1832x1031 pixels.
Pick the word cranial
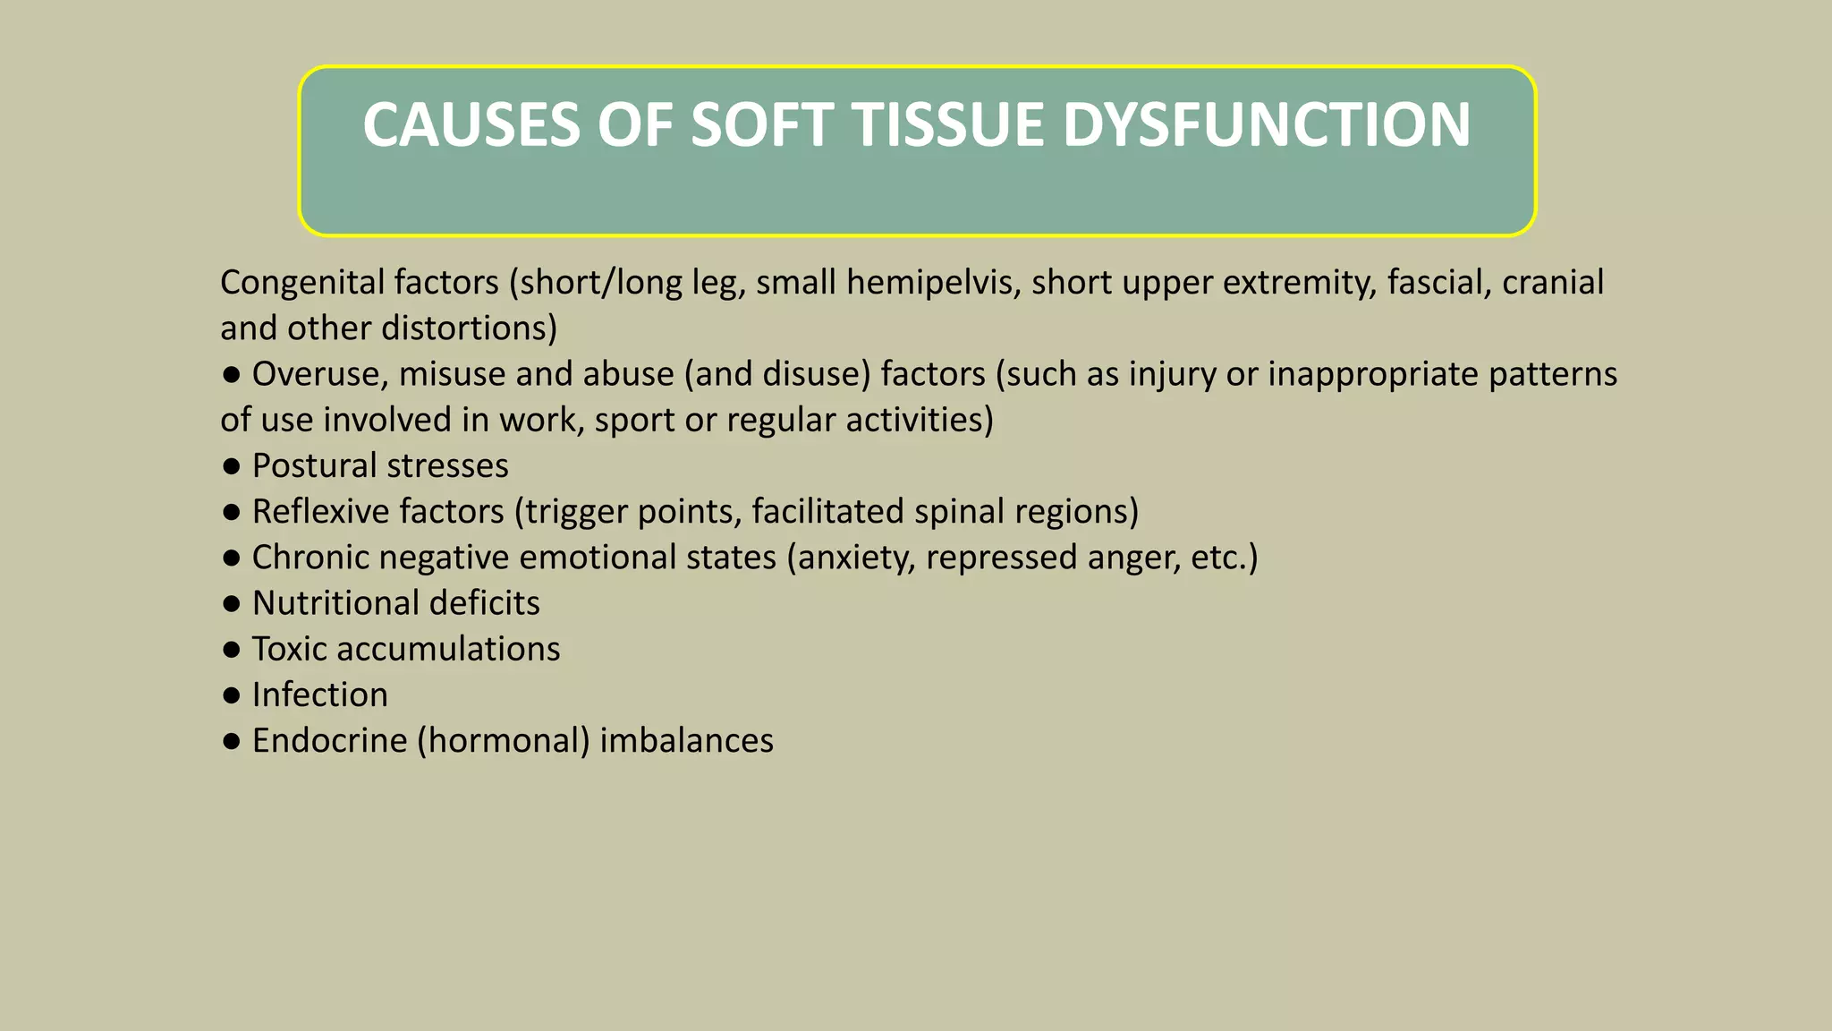pos(1552,283)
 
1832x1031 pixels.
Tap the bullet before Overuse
pos(232,375)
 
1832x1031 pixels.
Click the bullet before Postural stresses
pos(232,466)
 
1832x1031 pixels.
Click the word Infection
pos(319,695)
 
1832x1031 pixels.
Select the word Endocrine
pos(329,741)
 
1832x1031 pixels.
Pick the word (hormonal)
pos(504,741)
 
